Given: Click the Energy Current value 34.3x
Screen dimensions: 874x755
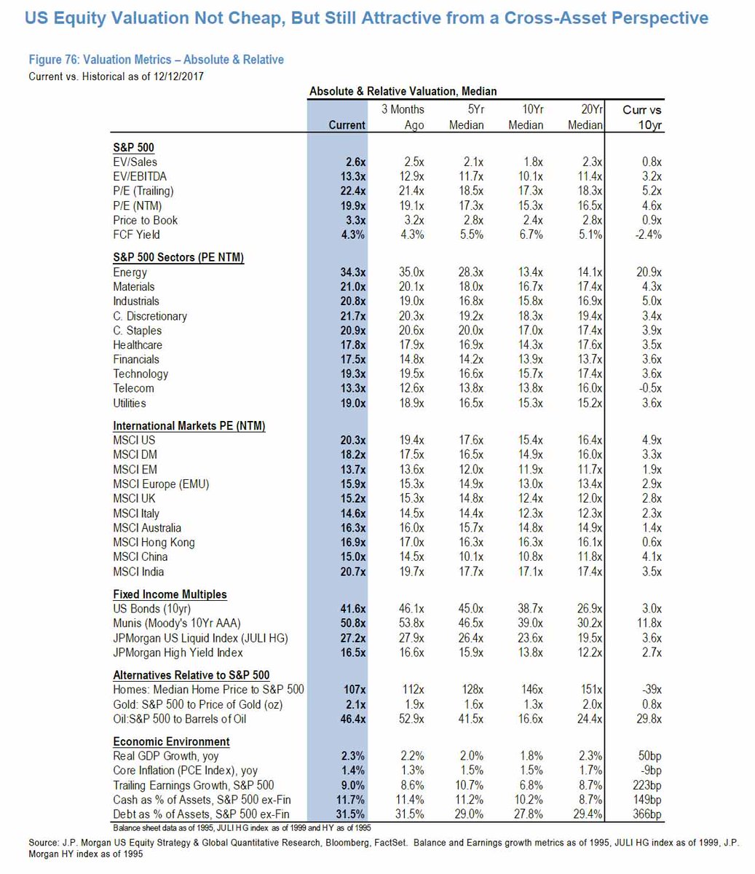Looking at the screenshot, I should point(353,272).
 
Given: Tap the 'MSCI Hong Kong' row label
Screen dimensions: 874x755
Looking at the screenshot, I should point(154,543).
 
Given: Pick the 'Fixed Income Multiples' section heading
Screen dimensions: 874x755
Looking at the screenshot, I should point(170,594).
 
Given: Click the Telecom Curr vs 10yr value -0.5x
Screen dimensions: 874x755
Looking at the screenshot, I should point(647,388).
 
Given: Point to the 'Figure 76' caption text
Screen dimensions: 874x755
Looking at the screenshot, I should point(156,60).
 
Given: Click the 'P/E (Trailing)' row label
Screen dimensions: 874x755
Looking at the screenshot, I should point(144,191).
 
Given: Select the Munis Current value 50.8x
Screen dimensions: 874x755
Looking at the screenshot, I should point(353,623).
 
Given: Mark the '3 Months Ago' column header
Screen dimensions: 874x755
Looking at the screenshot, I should point(403,117).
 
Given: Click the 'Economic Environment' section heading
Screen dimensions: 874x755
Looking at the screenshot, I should point(171,741).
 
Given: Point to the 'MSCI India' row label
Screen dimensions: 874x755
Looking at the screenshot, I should point(138,572).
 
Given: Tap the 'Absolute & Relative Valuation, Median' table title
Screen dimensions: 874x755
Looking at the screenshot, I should point(403,91).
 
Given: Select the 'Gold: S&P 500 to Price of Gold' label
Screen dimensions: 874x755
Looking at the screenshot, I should point(197,704).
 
